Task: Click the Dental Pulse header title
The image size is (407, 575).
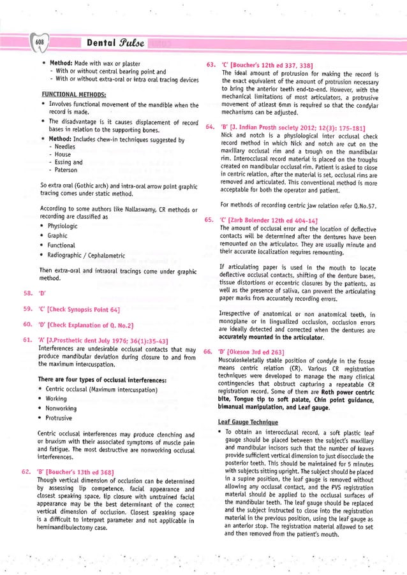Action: click(111, 43)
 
